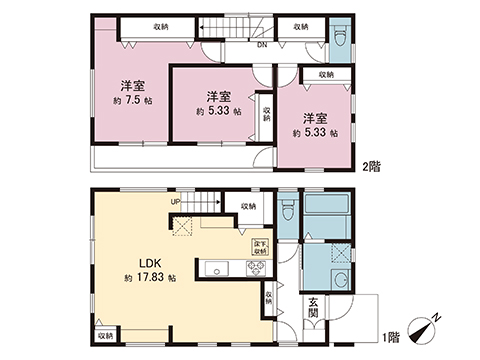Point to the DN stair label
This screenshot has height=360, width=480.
pyautogui.click(x=234, y=45)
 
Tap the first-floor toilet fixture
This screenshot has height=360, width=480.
pyautogui.click(x=287, y=209)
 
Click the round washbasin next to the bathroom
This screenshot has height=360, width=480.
pyautogui.click(x=341, y=280)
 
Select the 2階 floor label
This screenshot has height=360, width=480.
pyautogui.click(x=370, y=165)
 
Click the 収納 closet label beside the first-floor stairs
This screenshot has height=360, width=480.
pyautogui.click(x=247, y=206)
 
